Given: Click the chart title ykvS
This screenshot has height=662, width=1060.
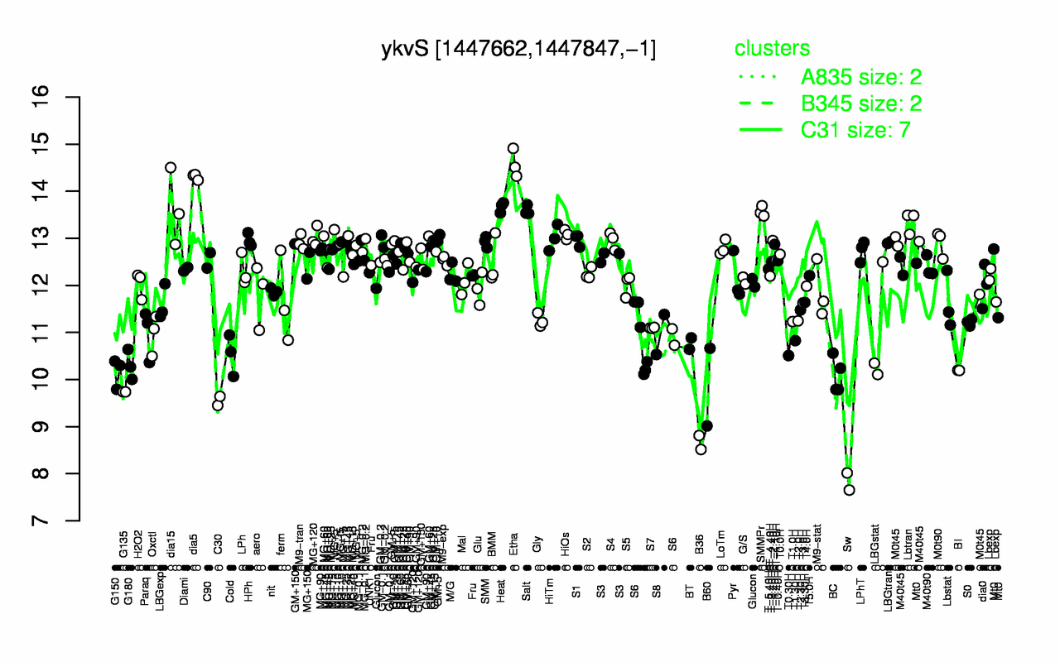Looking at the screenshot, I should [x=519, y=49].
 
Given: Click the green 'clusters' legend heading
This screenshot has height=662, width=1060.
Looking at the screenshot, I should [x=773, y=49].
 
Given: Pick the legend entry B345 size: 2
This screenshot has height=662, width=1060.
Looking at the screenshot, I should [x=860, y=103].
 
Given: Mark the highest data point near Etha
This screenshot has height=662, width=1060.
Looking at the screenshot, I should [x=513, y=149].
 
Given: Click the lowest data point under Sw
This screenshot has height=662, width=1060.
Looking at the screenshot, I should [x=849, y=490].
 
